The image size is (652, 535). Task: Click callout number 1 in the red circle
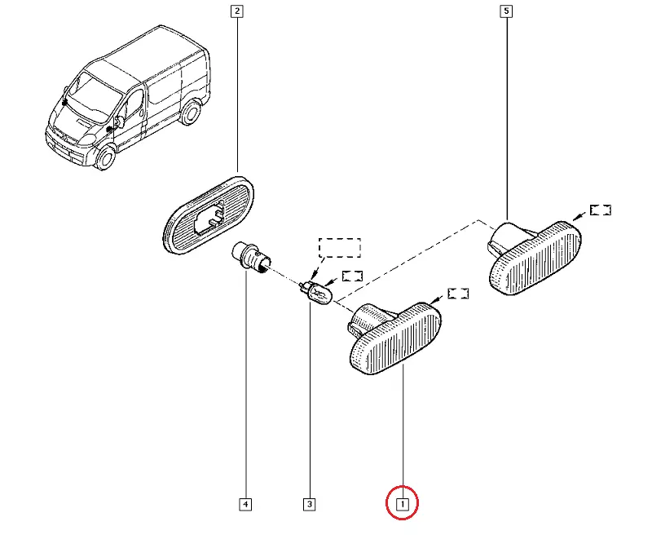click(x=402, y=503)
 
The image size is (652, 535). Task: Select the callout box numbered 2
click(x=236, y=11)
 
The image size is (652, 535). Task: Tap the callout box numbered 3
click(x=309, y=504)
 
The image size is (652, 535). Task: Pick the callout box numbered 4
click(x=244, y=504)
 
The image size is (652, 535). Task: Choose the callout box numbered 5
click(x=506, y=11)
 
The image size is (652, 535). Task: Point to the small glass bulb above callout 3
click(x=319, y=290)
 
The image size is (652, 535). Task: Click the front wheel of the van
click(x=105, y=156)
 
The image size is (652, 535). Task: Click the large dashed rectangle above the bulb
click(x=339, y=247)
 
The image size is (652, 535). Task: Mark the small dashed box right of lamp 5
click(x=601, y=210)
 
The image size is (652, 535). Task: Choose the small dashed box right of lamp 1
click(x=458, y=293)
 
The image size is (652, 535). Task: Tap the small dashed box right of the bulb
click(x=352, y=276)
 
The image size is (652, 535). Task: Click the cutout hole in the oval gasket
click(x=212, y=214)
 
